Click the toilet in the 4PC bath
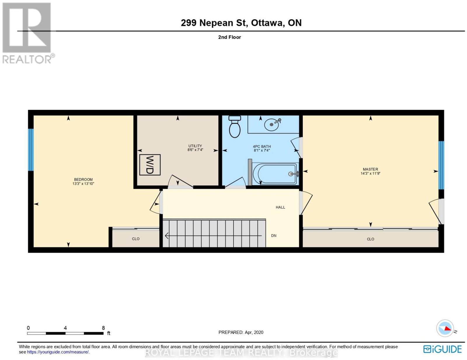pyautogui.click(x=234, y=127)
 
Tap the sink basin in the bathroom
pyautogui.click(x=272, y=124)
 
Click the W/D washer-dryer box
pyautogui.click(x=150, y=165)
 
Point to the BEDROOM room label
pyautogui.click(x=83, y=180)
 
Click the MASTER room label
pyautogui.click(x=370, y=169)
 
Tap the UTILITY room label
pyautogui.click(x=195, y=146)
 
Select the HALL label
pyautogui.click(x=280, y=207)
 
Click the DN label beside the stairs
pyautogui.click(x=273, y=236)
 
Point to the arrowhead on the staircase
pyautogui.click(x=166, y=236)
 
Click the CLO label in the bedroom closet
pyautogui.click(x=136, y=239)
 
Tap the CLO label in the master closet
pyautogui.click(x=370, y=239)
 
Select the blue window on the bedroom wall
pyautogui.click(x=31, y=150)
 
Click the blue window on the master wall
pyautogui.click(x=441, y=165)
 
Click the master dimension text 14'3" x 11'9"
pyautogui.click(x=370, y=173)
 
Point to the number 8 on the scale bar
pyautogui.click(x=103, y=328)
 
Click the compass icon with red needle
pyautogui.click(x=445, y=328)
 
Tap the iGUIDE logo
pyautogui.click(x=442, y=349)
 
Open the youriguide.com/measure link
pyautogui.click(x=58, y=352)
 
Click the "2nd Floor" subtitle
pyautogui.click(x=229, y=37)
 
